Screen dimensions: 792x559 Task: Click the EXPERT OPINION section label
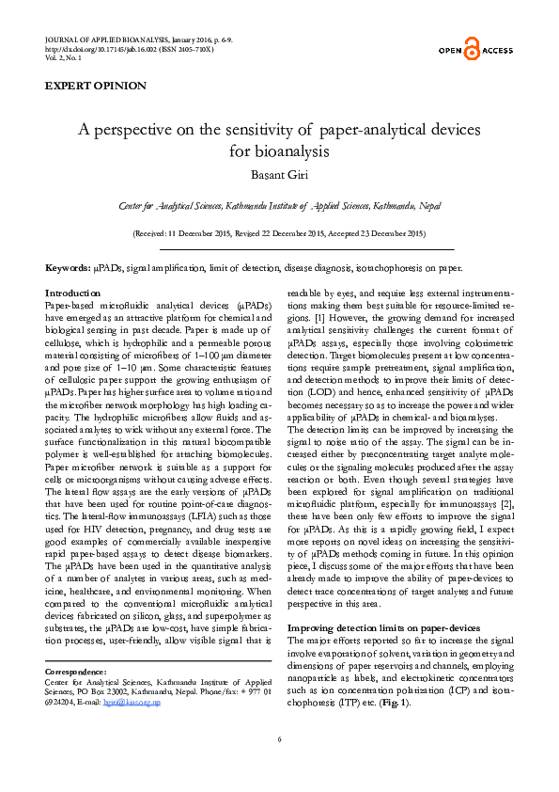coord(96,86)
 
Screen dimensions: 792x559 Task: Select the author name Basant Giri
coord(278,171)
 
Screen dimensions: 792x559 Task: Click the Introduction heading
coord(73,293)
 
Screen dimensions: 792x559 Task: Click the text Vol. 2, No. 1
coord(63,57)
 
